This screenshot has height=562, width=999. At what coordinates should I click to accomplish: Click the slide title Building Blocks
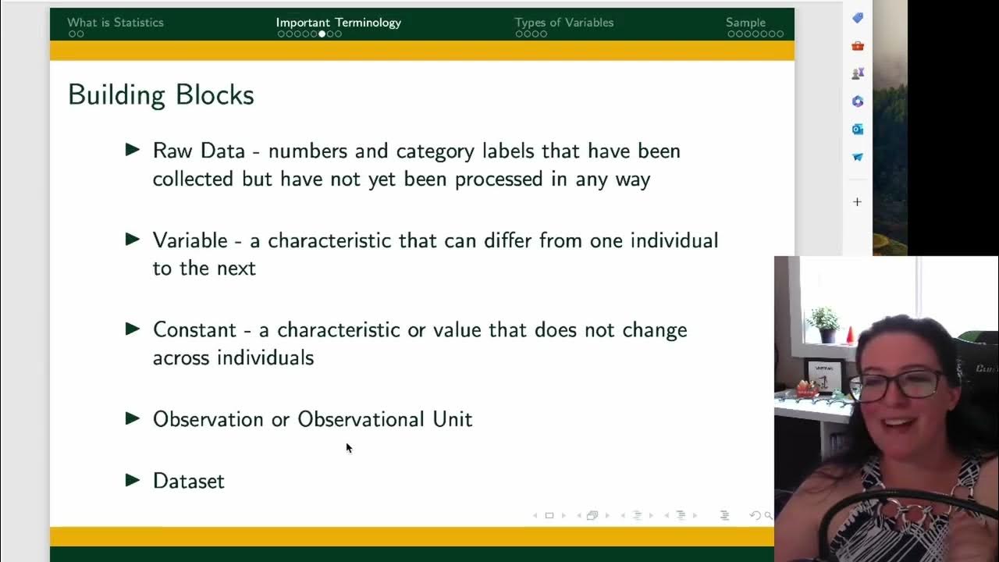[161, 95]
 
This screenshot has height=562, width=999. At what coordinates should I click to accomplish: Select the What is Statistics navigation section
[116, 23]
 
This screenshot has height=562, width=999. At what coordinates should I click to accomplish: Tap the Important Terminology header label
[338, 23]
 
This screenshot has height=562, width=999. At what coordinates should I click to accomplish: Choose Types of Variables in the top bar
[563, 23]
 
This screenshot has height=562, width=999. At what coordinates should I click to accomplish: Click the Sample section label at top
[745, 23]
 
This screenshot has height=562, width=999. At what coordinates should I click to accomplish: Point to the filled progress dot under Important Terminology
[322, 34]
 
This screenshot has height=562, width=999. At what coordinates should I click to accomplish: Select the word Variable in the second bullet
[190, 240]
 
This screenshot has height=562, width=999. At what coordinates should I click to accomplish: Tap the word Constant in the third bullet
[194, 329]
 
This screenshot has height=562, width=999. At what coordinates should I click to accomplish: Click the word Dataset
[188, 481]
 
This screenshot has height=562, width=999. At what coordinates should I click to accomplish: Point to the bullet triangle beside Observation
[133, 418]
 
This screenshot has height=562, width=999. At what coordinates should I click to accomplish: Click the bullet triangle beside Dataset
[133, 480]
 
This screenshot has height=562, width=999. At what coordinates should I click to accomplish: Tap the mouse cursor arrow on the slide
[348, 447]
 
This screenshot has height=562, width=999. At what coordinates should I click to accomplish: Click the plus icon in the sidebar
[857, 202]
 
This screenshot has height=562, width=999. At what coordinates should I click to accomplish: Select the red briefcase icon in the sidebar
[858, 46]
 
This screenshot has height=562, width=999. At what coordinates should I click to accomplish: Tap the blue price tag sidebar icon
[858, 18]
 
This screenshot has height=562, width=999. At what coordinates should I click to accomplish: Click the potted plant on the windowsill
[823, 323]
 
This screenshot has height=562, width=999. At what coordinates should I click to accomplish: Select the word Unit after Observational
[453, 419]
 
